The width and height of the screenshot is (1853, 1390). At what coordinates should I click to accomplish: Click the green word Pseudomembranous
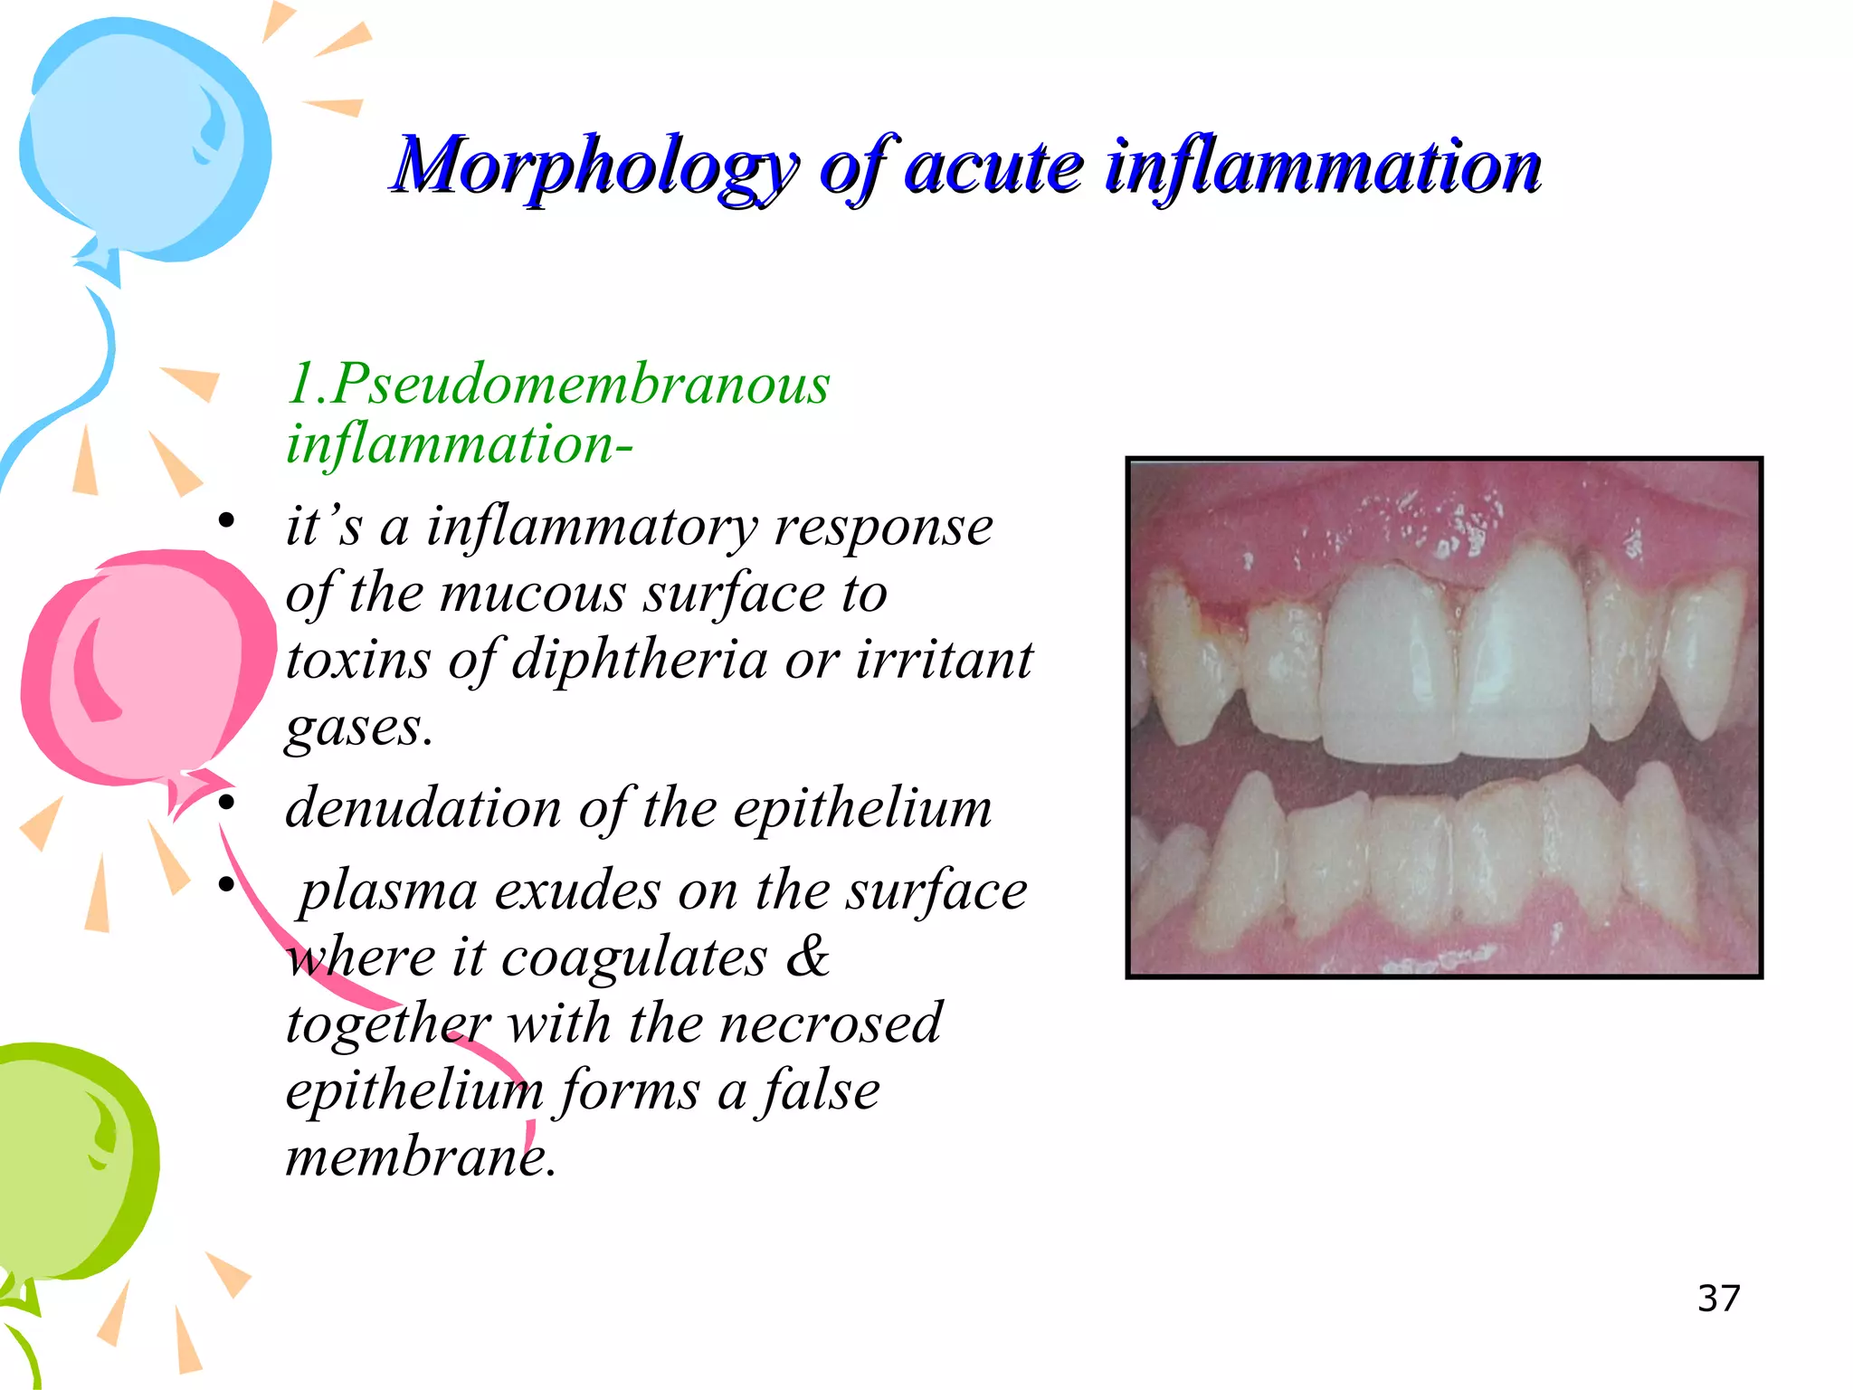click(579, 384)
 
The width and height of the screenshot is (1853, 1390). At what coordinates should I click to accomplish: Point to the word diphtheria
click(639, 659)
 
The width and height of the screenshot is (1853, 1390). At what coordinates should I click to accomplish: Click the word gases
click(358, 726)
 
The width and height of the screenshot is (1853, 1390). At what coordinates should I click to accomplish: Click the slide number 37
click(1718, 1299)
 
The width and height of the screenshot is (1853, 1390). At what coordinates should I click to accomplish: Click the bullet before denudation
click(226, 803)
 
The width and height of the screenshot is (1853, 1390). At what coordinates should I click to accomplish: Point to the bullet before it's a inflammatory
click(226, 521)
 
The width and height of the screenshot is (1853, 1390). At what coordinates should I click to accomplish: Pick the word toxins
click(357, 659)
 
